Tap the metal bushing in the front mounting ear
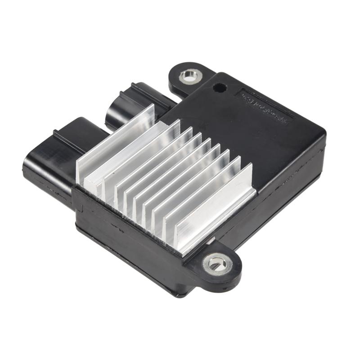click(218, 262)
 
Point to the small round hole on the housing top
click(219, 86)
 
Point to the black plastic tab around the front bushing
click(225, 274)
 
